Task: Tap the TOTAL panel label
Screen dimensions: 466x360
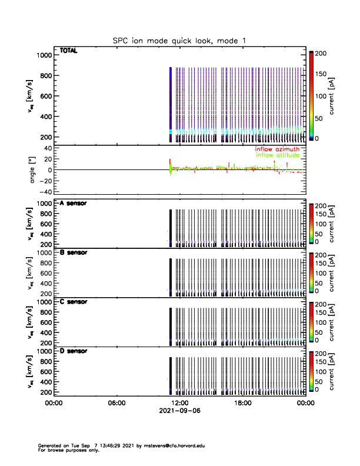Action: click(69, 51)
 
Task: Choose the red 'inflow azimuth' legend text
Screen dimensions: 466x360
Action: click(277, 149)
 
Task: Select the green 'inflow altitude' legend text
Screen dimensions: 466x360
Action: click(278, 155)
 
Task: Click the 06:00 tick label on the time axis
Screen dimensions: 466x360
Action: click(116, 403)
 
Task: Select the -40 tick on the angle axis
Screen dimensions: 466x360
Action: click(44, 192)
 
